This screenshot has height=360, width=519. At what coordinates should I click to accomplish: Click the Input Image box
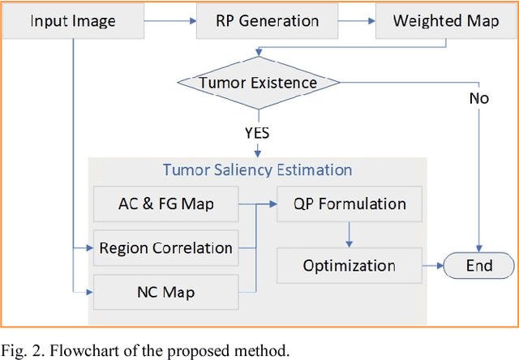coord(72,20)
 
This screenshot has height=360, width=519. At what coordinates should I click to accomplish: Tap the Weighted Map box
coord(434,20)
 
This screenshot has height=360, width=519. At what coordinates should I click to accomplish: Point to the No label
coord(480,99)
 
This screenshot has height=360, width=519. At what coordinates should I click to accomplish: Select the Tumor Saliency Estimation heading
coord(257,170)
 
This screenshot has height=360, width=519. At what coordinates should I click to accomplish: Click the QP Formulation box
coord(350,204)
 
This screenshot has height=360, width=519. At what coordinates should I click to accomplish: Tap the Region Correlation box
coord(165,248)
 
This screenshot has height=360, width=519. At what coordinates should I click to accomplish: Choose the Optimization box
coord(350,265)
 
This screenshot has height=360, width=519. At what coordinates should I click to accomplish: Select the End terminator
coord(478,265)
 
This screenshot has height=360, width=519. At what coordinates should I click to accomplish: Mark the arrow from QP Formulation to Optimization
coord(350,234)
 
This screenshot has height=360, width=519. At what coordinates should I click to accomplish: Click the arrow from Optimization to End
coord(431,265)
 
